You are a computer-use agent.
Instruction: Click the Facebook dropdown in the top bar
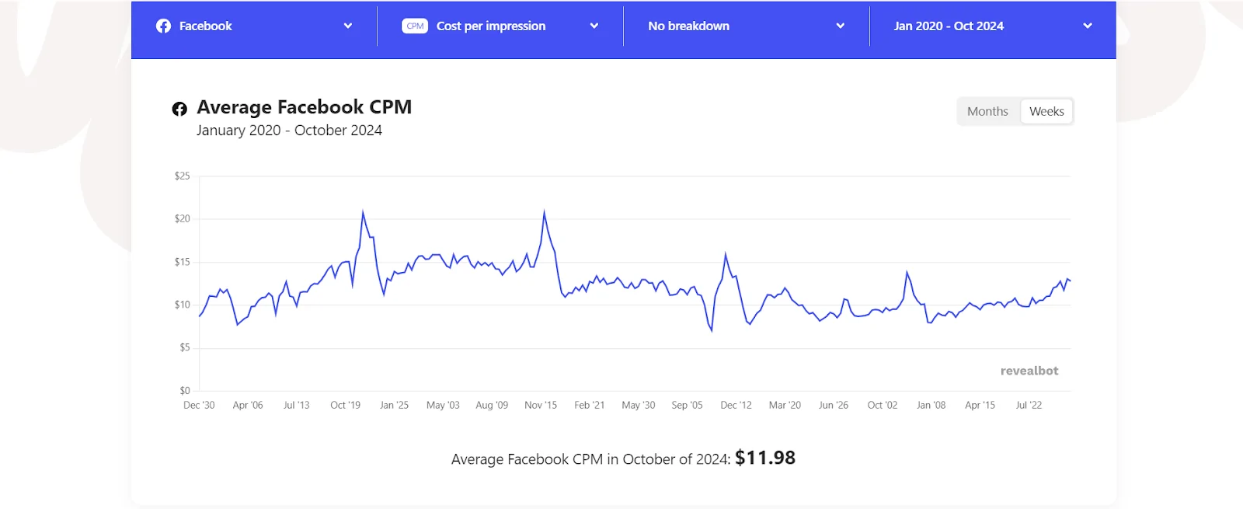pos(253,26)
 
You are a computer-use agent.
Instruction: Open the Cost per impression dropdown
pos(500,26)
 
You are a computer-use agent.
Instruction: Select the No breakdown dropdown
pos(746,26)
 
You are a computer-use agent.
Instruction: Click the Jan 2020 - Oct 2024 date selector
pos(992,26)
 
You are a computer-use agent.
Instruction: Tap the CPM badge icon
pos(415,26)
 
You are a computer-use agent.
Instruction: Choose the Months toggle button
pos(987,112)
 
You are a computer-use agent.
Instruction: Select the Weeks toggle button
pos(1046,112)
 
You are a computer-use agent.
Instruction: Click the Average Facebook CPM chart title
pos(304,107)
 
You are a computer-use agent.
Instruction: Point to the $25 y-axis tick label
pos(182,176)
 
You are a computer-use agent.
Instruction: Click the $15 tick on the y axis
pos(182,262)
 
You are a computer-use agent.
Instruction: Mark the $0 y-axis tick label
pos(184,391)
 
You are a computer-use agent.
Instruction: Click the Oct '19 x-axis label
pos(345,406)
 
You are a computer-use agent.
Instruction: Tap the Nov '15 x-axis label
pos(541,406)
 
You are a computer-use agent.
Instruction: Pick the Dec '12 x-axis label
pos(736,406)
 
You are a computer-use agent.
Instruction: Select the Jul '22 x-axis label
pos(1029,406)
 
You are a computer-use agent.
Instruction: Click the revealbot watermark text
pos(1029,371)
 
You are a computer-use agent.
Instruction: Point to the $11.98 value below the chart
pos(765,458)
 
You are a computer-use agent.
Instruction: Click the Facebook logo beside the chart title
pos(179,109)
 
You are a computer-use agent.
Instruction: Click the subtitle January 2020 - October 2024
pos(289,131)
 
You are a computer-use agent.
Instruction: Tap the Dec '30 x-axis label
pos(199,406)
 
